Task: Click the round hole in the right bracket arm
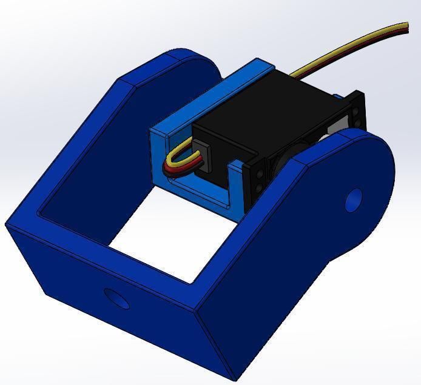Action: coord(354,199)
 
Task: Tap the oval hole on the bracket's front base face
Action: coord(117,298)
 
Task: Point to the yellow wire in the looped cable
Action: coord(176,153)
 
